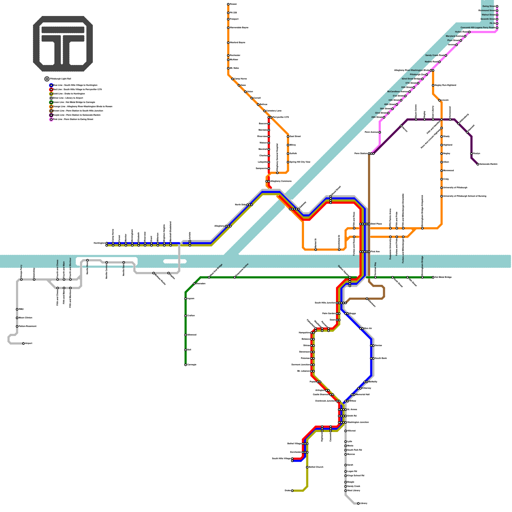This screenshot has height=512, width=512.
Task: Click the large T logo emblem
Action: click(63, 44)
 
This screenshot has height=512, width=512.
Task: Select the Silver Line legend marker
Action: click(51, 98)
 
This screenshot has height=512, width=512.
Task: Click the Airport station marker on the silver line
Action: click(23, 343)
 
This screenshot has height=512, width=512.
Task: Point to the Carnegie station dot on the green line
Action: click(186, 365)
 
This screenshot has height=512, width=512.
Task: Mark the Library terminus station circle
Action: click(358, 503)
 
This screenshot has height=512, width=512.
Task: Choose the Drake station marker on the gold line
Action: click(292, 491)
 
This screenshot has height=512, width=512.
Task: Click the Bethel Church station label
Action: click(316, 467)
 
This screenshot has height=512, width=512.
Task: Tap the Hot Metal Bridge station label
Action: click(443, 277)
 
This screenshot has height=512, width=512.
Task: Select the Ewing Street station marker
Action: click(497, 6)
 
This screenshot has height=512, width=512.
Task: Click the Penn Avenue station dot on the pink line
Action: click(380, 132)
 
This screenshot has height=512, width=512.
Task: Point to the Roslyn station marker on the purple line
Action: click(471, 154)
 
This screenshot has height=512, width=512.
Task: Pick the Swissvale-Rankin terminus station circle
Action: click(478, 164)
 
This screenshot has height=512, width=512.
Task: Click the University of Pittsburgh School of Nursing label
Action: click(465, 196)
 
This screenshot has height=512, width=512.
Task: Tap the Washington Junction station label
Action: click(358, 422)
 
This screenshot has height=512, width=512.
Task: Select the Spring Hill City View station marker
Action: click(288, 162)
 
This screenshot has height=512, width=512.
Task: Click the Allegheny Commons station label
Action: click(281, 181)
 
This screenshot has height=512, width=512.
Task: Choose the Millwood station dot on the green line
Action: click(186, 335)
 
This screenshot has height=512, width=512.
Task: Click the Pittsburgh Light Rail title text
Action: click(60, 79)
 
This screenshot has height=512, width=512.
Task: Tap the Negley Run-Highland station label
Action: click(445, 85)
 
